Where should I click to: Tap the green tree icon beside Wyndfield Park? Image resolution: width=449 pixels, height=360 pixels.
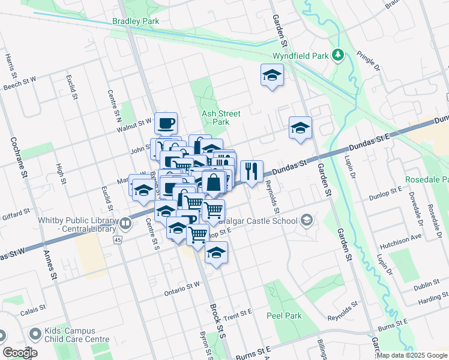pos(338,56)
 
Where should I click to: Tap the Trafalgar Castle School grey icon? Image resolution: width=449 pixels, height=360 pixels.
pos(307,221)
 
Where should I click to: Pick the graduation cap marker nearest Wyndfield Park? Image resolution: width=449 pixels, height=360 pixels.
pos(272,76)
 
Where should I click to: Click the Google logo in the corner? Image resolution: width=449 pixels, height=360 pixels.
pos(20,353)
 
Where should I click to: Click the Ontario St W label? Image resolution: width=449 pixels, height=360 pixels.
pos(182,289)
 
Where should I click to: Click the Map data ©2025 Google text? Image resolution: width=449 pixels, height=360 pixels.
pos(412,355)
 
